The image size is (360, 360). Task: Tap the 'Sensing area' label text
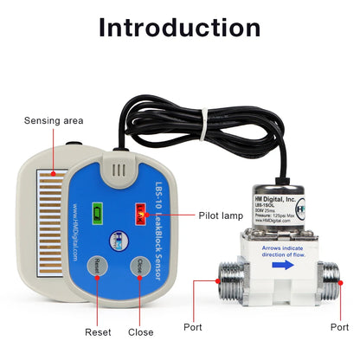53,121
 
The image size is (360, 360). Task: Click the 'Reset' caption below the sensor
98,332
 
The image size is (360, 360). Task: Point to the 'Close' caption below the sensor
140,332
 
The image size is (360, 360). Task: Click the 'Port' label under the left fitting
193,327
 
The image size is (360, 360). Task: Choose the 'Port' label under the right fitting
339,327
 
